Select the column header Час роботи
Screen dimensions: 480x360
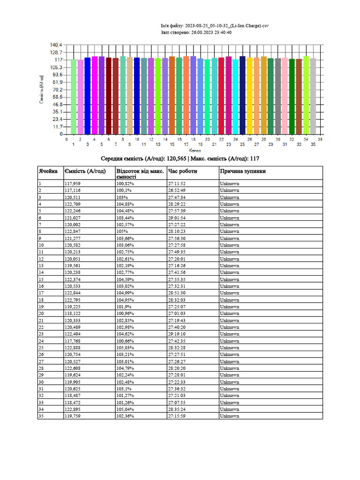[182, 171]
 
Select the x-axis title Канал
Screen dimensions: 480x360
[195, 151]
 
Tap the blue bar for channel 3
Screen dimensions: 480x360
[87, 96]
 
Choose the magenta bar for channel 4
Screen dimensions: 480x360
[94, 95]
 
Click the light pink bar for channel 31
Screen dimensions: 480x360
[285, 96]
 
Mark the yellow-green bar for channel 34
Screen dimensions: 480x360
[306, 95]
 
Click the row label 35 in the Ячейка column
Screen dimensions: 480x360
[41, 416]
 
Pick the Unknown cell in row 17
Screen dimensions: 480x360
[229, 293]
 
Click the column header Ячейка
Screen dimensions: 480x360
[48, 171]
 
